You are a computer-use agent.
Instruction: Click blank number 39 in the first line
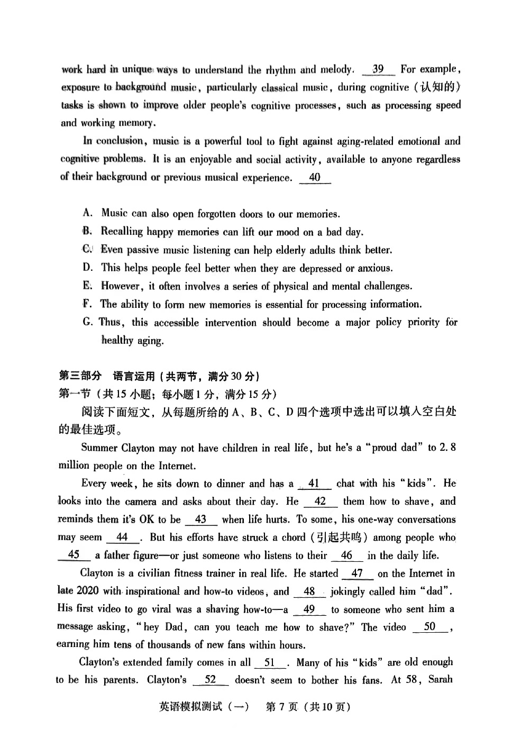coord(378,69)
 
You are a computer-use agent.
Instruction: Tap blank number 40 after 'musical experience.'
coord(315,178)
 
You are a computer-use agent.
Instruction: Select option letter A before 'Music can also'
coord(88,213)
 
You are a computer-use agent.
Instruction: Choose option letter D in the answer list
coord(88,268)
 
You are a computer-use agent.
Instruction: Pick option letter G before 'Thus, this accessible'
coord(88,322)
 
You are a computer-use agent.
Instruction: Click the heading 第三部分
coord(80,376)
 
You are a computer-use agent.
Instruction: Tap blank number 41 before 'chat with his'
coord(314,484)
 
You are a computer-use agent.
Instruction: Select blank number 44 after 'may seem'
coord(122,537)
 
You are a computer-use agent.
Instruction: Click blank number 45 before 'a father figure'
coord(74,555)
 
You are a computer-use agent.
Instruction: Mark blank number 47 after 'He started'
coord(358,573)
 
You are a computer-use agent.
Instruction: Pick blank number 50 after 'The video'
coord(429,627)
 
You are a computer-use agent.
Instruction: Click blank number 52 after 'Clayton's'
coord(211,680)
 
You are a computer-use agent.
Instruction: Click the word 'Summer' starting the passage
coord(99,448)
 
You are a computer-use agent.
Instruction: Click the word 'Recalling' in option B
coord(122,232)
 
